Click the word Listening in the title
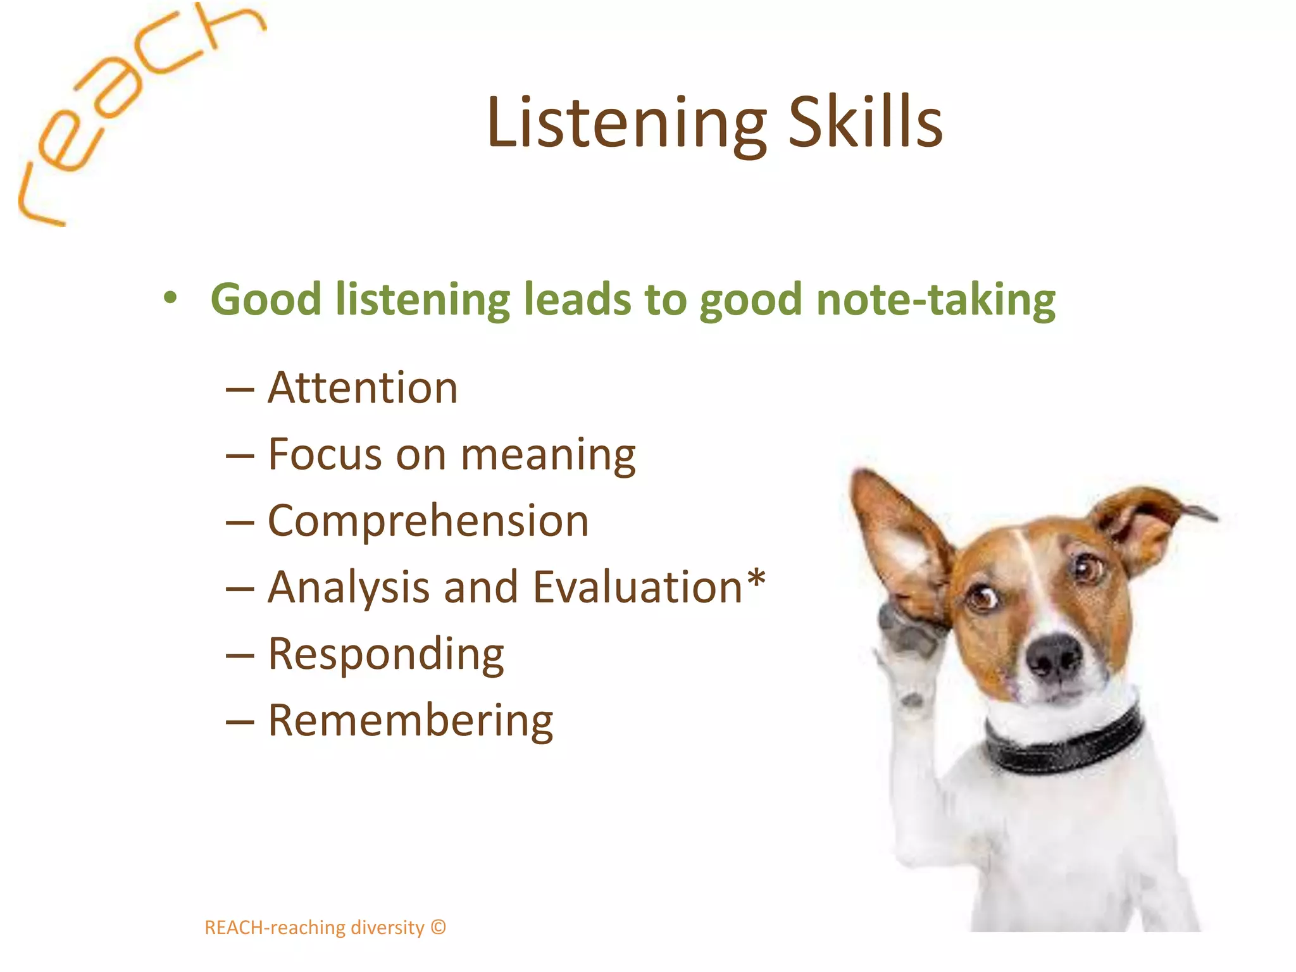[626, 123]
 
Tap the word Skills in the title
[865, 123]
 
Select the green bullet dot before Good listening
[170, 298]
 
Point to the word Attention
[363, 388]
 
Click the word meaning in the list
[548, 456]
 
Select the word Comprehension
[428, 521]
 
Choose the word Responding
[386, 655]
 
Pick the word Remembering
[410, 721]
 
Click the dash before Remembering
[240, 722]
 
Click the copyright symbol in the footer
[439, 927]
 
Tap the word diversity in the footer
[387, 928]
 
